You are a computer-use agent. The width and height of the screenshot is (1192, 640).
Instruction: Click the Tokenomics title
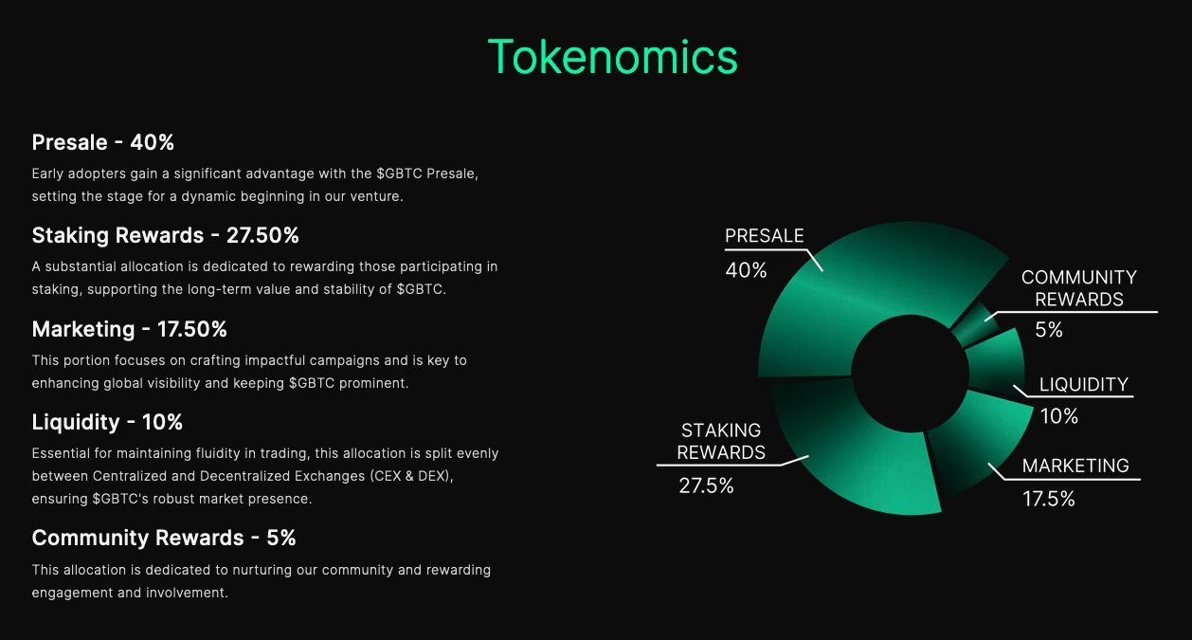tap(612, 57)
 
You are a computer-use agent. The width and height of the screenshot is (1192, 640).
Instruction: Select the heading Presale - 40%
tap(102, 142)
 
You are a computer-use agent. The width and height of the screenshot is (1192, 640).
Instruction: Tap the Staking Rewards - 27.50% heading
tap(165, 235)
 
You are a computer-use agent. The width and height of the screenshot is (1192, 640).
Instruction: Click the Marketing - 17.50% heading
tap(129, 329)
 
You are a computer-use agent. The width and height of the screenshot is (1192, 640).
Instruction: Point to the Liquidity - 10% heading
tap(107, 422)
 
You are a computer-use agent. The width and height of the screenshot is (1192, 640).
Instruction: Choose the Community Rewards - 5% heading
tap(163, 538)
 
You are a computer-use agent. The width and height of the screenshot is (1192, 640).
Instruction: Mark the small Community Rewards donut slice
tap(974, 326)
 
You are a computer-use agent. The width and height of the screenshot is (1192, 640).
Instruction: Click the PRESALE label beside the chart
tap(764, 236)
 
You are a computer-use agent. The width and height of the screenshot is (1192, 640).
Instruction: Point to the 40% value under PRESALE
tap(746, 270)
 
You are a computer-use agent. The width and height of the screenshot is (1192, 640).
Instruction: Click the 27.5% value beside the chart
tap(706, 485)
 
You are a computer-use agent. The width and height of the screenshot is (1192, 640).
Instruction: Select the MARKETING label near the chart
tap(1075, 466)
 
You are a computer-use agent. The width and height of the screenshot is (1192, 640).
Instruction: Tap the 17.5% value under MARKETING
tap(1048, 499)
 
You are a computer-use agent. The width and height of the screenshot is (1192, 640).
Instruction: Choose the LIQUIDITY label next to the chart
tap(1083, 384)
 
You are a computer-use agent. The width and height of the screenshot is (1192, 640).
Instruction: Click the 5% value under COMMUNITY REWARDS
tap(1049, 330)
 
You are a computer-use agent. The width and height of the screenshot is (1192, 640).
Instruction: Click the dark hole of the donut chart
tap(910, 373)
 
